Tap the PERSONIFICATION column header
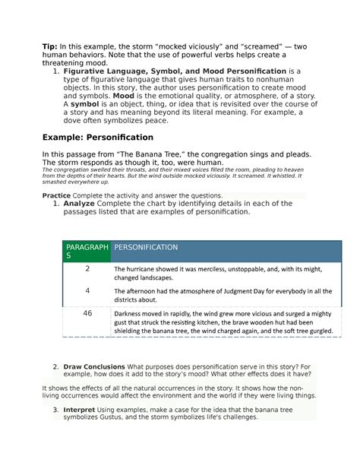[146, 247]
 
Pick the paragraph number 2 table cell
[87, 269]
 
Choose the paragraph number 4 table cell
[87, 290]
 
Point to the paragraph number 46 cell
[87, 312]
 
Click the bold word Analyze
[79, 204]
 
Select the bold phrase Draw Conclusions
[96, 367]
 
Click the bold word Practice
[56, 195]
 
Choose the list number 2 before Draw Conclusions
[56, 367]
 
